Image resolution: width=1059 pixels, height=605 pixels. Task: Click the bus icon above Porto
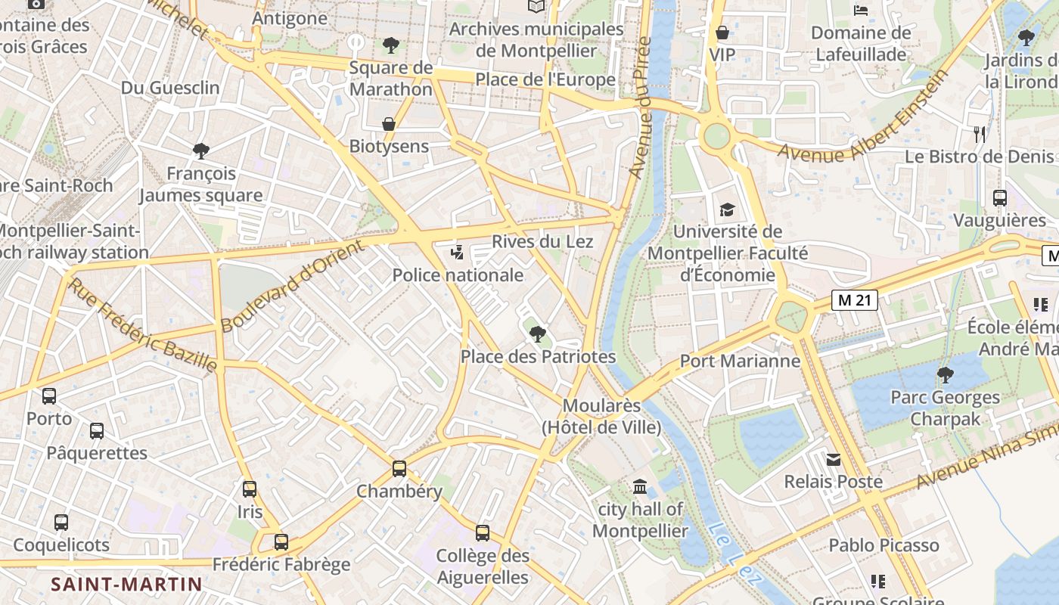click(x=49, y=396)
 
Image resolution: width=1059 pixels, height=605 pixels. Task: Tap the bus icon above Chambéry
click(x=399, y=468)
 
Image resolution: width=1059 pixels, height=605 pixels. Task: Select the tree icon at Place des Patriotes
click(x=537, y=333)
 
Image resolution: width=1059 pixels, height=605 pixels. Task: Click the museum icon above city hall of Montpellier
click(x=640, y=486)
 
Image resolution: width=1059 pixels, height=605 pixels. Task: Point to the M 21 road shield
click(x=856, y=300)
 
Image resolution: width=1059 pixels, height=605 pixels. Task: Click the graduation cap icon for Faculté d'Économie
click(x=727, y=209)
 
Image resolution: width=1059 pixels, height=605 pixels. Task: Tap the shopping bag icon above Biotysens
click(x=389, y=123)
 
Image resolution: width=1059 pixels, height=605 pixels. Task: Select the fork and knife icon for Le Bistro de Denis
click(x=980, y=135)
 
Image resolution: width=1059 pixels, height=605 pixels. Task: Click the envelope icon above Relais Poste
click(x=833, y=459)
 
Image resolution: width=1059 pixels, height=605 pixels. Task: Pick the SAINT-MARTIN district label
click(x=126, y=584)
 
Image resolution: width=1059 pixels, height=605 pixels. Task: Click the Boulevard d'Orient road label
click(x=292, y=285)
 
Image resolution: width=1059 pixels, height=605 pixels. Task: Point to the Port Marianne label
click(x=740, y=361)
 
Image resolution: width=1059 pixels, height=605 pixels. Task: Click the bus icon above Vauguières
click(x=999, y=198)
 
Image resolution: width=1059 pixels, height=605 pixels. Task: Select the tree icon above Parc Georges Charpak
click(x=945, y=374)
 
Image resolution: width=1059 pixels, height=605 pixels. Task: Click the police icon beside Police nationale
click(x=457, y=253)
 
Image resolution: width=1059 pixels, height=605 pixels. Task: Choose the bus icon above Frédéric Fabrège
click(x=281, y=541)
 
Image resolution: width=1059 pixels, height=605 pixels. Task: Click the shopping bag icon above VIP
click(x=722, y=33)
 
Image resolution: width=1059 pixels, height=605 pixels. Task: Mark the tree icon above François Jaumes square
click(x=201, y=150)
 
